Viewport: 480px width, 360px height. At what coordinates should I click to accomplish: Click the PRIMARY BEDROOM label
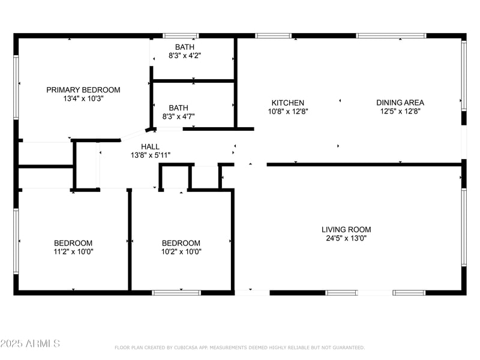coord(83,90)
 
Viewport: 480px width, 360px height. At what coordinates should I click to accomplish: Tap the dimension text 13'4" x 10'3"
coord(83,99)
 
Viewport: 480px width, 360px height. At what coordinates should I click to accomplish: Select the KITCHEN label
coord(287,103)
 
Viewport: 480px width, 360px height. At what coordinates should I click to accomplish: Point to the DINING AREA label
coord(400,103)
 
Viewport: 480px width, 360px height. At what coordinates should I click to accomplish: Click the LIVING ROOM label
coord(346,229)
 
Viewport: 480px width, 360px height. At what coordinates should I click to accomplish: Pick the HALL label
coord(150,146)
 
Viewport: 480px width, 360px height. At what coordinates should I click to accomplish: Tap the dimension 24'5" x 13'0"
coord(346,238)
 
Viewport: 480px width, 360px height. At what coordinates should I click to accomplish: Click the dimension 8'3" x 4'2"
coord(185,56)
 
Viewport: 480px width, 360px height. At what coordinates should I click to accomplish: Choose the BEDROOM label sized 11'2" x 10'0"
coord(73,243)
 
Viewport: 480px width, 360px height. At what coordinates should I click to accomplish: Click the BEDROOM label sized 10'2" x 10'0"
coord(181,243)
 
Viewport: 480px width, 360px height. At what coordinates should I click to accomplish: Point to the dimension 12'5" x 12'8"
coord(400,111)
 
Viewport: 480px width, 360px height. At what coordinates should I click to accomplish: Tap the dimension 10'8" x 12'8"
coord(287,111)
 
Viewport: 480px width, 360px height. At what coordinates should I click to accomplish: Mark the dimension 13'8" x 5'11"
coord(150,155)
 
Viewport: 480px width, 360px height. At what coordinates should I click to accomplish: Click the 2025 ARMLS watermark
coord(30,344)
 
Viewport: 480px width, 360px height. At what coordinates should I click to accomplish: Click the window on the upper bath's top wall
coord(181,36)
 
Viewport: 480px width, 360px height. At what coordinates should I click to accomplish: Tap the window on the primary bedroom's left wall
coord(16,90)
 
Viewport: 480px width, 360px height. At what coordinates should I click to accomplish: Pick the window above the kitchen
coord(273,36)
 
